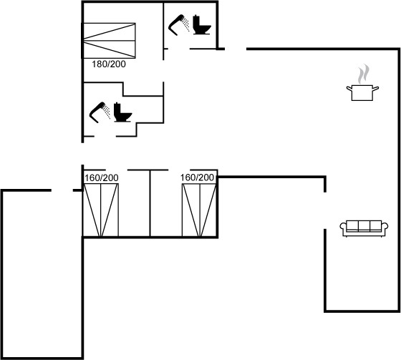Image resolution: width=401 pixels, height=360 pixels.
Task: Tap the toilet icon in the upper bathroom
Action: coord(202,25)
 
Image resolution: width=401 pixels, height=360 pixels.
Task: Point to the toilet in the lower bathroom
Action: coord(122,112)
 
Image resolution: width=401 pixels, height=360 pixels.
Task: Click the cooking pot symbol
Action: coord(362,92)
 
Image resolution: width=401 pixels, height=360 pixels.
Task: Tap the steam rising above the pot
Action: coord(364,74)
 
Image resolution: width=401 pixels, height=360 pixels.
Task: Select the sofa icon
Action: coord(364,228)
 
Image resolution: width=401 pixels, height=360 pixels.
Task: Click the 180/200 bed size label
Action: coord(109,64)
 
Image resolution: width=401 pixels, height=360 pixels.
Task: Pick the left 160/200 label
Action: coord(102,177)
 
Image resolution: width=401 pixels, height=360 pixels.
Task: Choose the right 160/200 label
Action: coord(197,177)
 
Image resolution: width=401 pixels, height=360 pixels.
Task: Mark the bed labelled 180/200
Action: coord(109,40)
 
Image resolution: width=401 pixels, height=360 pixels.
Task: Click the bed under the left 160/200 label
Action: coord(101,210)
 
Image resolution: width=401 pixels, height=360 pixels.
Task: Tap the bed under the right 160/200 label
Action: coord(199,210)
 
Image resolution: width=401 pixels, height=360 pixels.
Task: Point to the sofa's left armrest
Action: coord(343,227)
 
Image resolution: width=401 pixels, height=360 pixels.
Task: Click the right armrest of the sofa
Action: coord(385,227)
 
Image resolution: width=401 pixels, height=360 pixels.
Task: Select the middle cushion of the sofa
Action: coord(364,225)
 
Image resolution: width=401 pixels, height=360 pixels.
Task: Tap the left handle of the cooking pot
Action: coord(349,89)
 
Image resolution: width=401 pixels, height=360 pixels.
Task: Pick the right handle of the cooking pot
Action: coord(376,89)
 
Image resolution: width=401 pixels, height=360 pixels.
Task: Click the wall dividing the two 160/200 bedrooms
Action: coord(150,203)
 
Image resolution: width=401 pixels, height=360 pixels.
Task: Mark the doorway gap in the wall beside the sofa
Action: coord(325,210)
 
